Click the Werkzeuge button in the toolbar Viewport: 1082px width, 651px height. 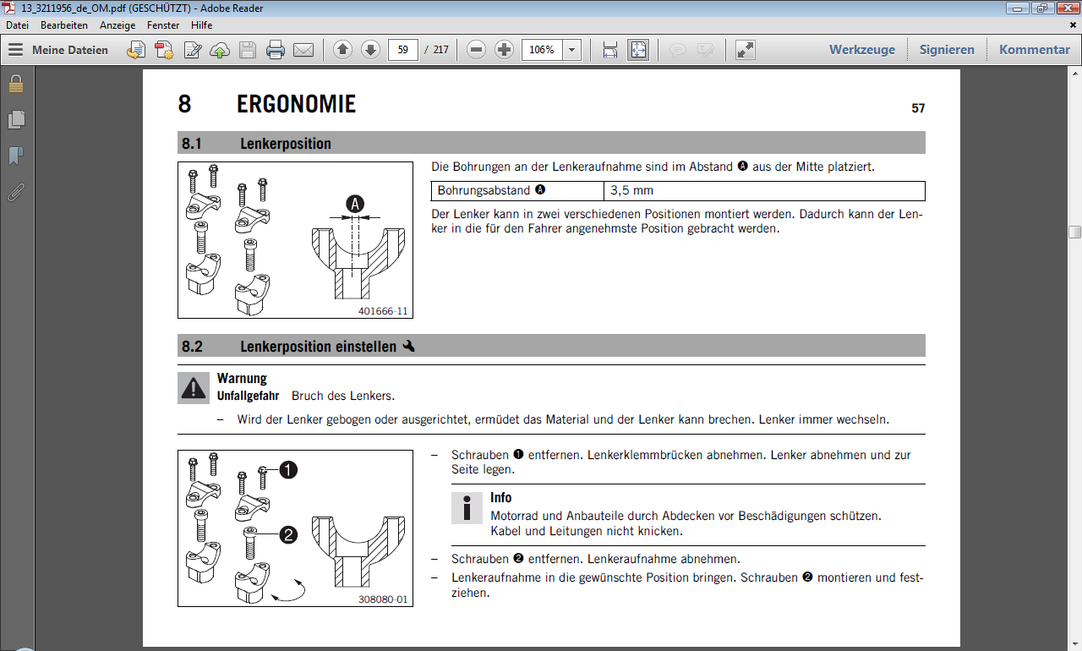point(861,50)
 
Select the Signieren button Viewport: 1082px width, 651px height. point(947,50)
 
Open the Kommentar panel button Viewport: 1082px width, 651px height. point(1035,50)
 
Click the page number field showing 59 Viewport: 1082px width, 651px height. point(403,50)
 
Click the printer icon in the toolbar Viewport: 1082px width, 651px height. point(276,50)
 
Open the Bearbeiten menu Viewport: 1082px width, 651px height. point(64,25)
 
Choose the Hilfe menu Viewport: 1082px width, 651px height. point(201,25)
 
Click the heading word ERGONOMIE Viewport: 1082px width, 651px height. point(296,105)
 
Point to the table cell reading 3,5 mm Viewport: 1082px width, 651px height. point(631,190)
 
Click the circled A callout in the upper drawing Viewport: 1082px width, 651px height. point(356,204)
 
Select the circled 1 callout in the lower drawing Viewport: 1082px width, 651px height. point(288,470)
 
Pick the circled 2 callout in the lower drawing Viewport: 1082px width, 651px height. point(288,534)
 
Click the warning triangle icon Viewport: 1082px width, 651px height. point(194,388)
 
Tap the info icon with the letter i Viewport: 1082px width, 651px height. point(466,507)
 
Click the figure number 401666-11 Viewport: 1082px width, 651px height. point(383,311)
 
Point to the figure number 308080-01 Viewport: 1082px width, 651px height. point(383,599)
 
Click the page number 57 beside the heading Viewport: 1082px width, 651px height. point(918,109)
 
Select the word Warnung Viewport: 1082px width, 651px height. point(242,378)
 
